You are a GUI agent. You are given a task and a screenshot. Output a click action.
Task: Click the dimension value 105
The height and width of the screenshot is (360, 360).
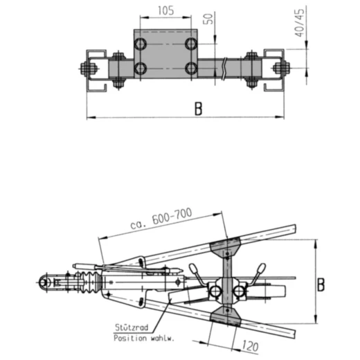click(164, 12)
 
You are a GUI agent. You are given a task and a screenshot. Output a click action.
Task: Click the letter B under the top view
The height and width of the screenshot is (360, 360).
click(198, 109)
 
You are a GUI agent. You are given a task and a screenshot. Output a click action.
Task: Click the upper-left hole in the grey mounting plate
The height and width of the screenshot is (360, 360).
click(141, 44)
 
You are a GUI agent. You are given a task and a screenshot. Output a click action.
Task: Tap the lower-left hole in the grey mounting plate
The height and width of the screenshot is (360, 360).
click(141, 68)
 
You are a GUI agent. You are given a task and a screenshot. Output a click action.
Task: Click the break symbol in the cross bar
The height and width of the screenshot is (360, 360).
click(224, 68)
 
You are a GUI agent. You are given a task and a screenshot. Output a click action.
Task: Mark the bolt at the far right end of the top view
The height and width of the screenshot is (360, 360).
click(280, 68)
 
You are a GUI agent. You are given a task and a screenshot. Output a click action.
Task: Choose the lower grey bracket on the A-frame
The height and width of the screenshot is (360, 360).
click(225, 317)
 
